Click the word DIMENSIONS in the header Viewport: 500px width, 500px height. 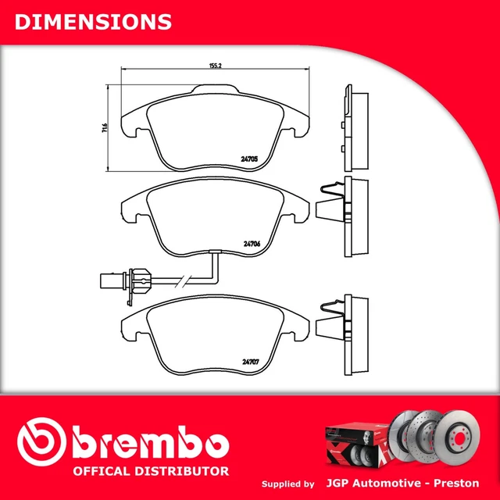(93, 21)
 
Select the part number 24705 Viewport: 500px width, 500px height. (250, 158)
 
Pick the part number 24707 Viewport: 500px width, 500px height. (250, 360)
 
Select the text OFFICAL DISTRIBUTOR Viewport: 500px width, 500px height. (151, 471)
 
